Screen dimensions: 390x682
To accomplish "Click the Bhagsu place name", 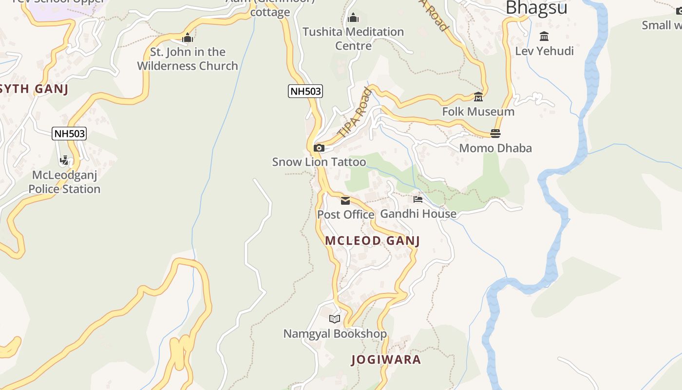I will (536, 8).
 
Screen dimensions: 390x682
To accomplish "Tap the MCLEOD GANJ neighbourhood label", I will (372, 241).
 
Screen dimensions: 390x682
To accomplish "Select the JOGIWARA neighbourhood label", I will (386, 360).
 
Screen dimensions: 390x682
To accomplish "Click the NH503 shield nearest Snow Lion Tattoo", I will (305, 91).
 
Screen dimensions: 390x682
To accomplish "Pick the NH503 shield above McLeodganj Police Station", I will (69, 134).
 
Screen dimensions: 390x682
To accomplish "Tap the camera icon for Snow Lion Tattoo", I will (319, 148).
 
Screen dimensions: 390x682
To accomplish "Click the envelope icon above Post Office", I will (345, 200).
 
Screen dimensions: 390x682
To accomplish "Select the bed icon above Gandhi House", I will (418, 199).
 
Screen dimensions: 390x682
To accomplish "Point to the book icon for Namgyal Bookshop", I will (334, 319).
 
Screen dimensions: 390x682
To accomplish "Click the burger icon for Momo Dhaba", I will (495, 134).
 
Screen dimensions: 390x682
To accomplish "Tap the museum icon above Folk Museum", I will (478, 97).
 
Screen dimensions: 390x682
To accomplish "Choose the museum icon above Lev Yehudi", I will (544, 37).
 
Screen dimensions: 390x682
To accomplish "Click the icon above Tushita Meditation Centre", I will (353, 18).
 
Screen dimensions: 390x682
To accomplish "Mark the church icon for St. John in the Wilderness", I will (188, 38).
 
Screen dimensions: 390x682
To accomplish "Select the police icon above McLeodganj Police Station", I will (64, 160).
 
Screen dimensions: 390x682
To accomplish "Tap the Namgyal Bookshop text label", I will (335, 334).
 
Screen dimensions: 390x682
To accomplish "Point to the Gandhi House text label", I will (418, 214).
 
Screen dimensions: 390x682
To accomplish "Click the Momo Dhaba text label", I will (495, 148).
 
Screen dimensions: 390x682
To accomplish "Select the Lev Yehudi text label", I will (544, 51).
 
